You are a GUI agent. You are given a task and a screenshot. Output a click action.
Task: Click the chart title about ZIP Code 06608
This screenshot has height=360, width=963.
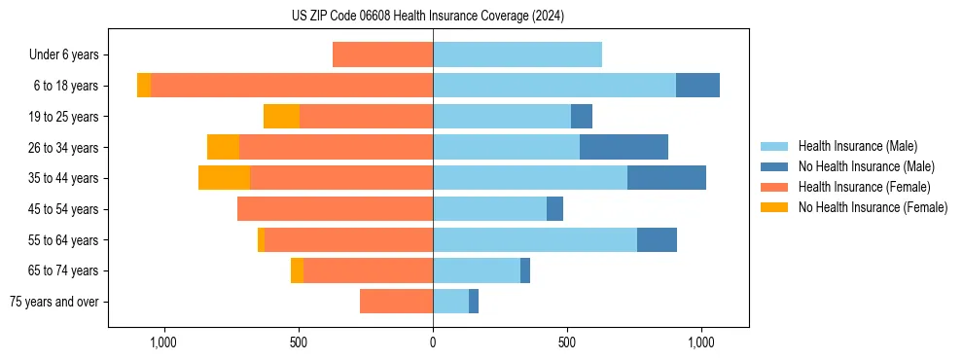[x=427, y=16]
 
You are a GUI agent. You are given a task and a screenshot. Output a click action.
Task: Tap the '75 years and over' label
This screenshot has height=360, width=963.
[x=54, y=302]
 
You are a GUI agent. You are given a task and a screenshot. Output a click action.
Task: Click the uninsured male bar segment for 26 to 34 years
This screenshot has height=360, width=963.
[x=624, y=147]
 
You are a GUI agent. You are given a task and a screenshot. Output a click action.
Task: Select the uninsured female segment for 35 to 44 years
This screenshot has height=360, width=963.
[x=224, y=178]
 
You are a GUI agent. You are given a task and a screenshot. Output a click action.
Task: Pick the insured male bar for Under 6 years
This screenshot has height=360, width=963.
[x=517, y=54]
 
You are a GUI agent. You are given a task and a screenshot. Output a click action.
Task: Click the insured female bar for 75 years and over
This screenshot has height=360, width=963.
[x=396, y=302]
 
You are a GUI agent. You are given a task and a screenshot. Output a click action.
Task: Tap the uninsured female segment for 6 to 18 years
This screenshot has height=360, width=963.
[x=144, y=86]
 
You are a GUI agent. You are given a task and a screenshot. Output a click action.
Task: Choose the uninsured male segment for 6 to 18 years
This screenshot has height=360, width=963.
[x=697, y=86]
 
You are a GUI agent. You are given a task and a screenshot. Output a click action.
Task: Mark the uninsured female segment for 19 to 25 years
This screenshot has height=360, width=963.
[x=281, y=117]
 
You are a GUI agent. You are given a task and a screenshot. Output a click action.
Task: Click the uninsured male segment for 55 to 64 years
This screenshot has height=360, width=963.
[x=657, y=239]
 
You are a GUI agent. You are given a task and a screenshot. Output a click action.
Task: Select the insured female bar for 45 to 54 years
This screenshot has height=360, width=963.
[x=335, y=209]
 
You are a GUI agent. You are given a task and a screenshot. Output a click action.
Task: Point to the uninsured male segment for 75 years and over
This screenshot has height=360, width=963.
[x=474, y=302]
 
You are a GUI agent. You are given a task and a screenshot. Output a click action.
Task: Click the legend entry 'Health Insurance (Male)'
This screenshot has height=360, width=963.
[x=857, y=146]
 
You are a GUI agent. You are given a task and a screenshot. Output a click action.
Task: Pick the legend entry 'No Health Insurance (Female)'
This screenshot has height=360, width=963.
[x=873, y=207]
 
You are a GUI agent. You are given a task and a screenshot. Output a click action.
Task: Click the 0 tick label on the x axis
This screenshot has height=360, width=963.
[x=433, y=342]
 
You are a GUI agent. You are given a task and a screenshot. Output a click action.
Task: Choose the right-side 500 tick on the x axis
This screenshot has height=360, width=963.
[x=567, y=342]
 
